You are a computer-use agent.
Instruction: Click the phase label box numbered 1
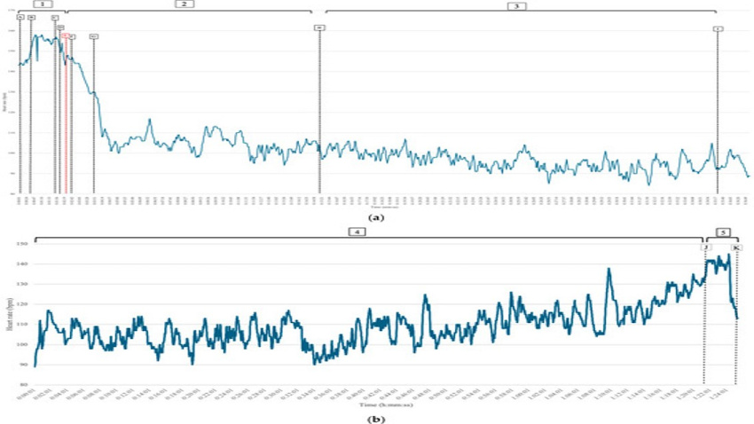36,4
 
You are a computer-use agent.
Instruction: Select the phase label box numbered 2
183,4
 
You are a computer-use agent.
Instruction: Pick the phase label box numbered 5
725,233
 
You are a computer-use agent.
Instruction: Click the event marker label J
706,247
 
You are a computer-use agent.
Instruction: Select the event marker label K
736,247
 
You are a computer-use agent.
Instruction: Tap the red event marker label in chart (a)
66,35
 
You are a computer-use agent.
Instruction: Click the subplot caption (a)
376,216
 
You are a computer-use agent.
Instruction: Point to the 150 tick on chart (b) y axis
23,243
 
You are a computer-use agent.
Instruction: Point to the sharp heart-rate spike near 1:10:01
609,270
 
